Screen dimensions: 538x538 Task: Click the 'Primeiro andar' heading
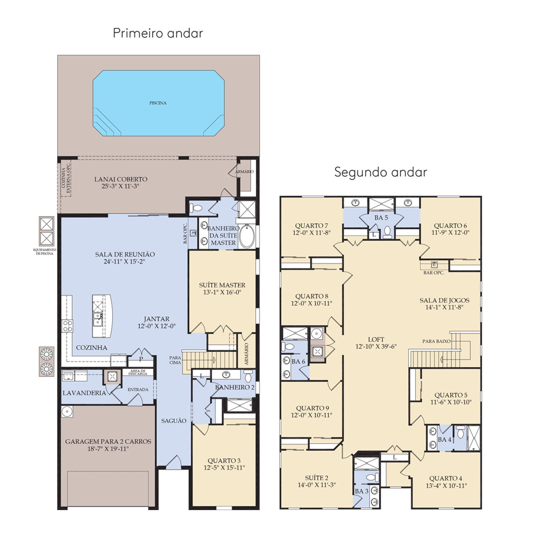pos(158,33)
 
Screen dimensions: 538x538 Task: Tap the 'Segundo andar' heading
pos(381,172)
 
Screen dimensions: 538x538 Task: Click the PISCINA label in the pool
pos(158,103)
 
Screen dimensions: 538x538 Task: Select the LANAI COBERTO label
pos(121,179)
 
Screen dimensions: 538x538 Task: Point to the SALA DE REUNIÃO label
pos(125,254)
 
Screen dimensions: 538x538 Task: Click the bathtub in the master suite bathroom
pos(247,236)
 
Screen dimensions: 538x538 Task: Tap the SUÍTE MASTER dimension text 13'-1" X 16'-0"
pos(222,292)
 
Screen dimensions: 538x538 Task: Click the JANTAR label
pos(156,319)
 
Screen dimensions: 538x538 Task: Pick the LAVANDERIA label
pos(84,393)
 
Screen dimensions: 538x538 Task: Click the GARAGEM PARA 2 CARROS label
pos(108,441)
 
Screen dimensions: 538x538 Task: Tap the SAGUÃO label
pos(174,420)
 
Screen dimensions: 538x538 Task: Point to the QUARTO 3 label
pos(224,460)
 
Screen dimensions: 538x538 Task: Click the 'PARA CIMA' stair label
pos(175,360)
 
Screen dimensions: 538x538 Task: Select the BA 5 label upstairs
pos(381,218)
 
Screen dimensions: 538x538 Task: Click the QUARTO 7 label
pos(311,226)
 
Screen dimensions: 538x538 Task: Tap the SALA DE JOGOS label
pos(444,300)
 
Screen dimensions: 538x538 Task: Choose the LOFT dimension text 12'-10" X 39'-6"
pos(376,347)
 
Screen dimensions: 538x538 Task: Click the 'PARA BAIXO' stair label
pos(436,341)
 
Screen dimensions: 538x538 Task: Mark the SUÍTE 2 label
pos(317,478)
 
